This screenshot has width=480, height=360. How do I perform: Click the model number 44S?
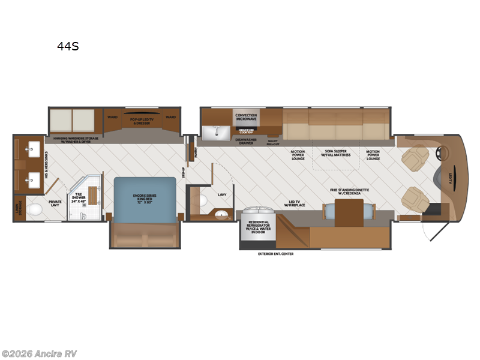(70, 44)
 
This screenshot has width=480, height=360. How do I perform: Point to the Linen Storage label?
(19, 207)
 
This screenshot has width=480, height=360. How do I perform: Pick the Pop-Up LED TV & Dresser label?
(143, 121)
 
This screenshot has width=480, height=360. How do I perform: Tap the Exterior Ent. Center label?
(275, 254)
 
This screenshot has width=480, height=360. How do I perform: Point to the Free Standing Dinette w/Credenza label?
(348, 191)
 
